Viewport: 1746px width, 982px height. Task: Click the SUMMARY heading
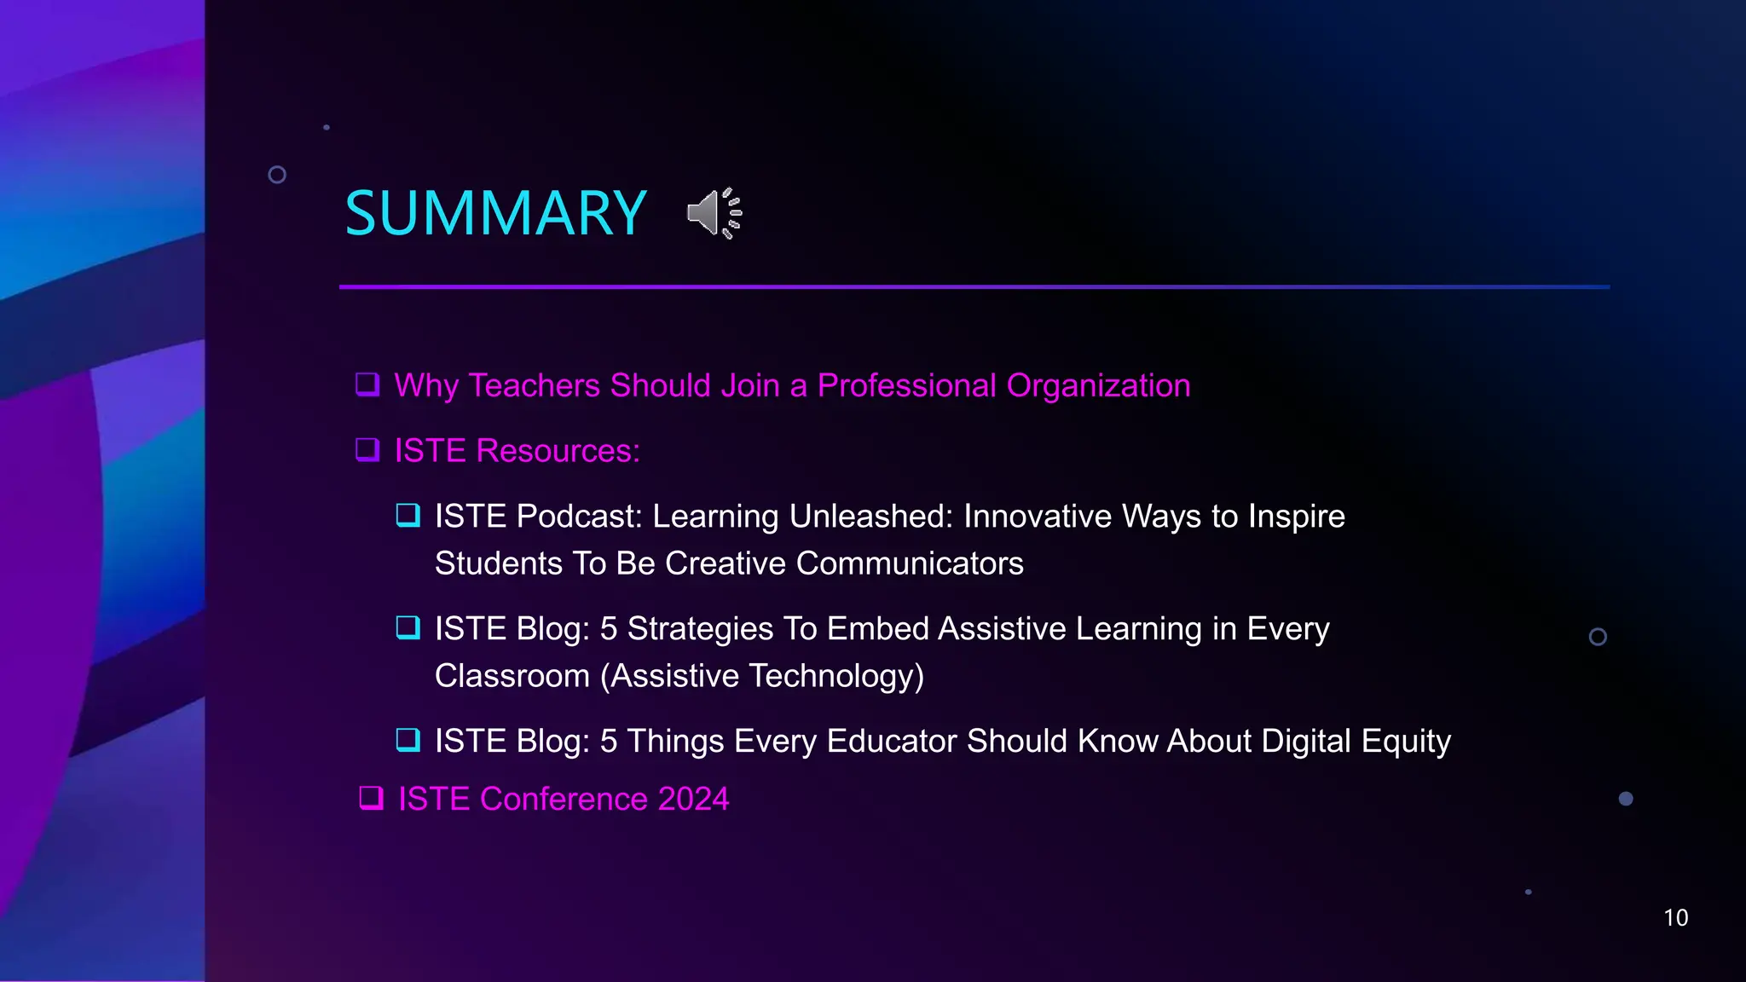pos(495,213)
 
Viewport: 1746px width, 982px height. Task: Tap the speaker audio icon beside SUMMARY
pos(714,213)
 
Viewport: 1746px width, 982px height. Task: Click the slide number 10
pos(1675,918)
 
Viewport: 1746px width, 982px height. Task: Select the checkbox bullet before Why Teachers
pos(367,384)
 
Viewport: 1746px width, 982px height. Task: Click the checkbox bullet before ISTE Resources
pos(367,449)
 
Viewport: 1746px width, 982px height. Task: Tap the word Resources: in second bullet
pos(558,450)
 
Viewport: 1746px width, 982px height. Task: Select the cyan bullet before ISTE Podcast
pos(408,515)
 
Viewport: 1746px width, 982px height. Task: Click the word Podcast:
pos(579,517)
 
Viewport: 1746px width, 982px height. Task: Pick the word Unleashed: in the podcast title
pos(870,517)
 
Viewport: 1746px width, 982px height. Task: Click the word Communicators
pos(910,563)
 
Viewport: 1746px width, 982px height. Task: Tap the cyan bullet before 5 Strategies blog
pos(408,627)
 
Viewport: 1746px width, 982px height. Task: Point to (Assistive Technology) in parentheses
pos(762,676)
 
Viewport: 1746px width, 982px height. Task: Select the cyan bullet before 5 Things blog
pos(408,740)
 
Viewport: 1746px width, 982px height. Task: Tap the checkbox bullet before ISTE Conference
pos(371,798)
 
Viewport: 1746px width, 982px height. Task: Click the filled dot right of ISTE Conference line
pos(1626,799)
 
